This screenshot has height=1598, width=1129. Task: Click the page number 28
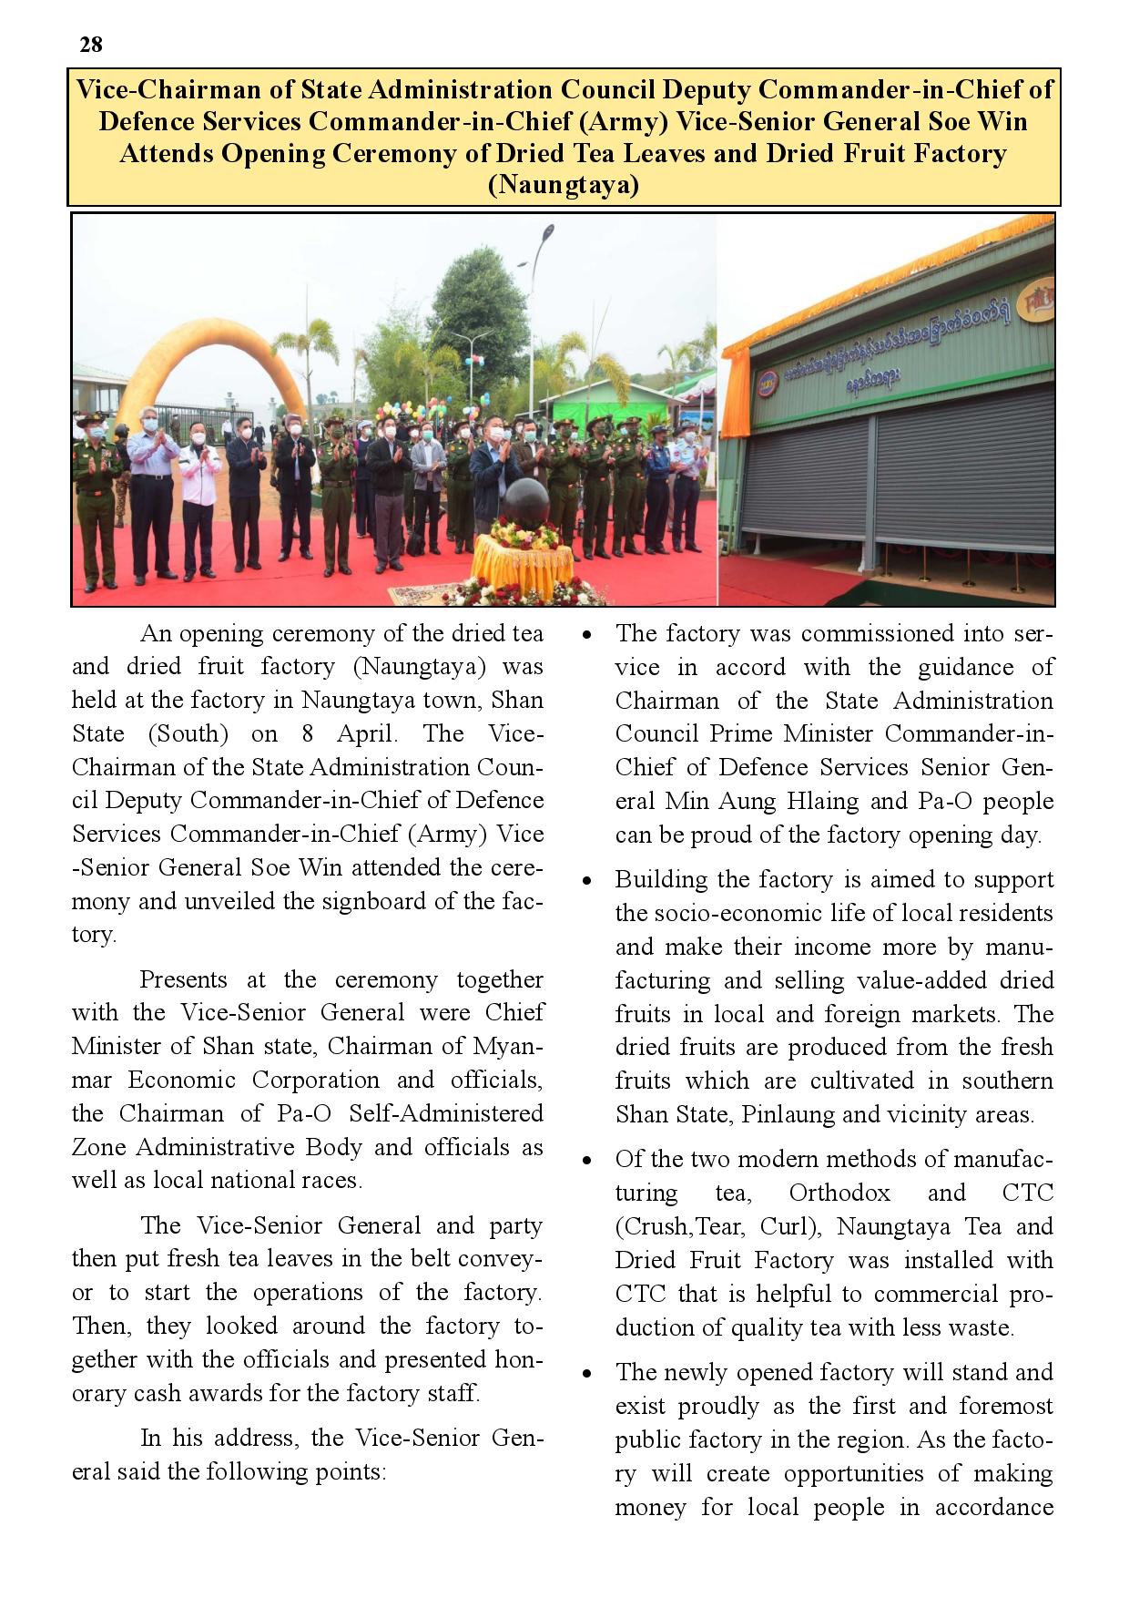(x=91, y=45)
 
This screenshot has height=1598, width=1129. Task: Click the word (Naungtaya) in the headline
(x=564, y=186)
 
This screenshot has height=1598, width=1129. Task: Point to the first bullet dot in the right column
(x=588, y=634)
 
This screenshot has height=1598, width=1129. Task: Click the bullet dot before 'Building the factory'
(x=588, y=881)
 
